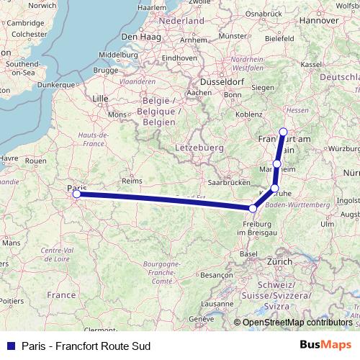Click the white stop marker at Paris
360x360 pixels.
click(76, 193)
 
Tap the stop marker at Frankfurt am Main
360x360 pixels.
click(283, 132)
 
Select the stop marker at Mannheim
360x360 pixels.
click(277, 164)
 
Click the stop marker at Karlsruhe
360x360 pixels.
click(274, 189)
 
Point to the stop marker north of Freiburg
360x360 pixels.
click(253, 209)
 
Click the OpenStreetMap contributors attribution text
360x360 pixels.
click(294, 322)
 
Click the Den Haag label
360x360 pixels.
click(139, 37)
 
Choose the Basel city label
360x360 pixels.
click(248, 254)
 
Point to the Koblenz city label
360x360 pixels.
click(248, 114)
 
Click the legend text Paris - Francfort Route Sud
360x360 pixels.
click(86, 346)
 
